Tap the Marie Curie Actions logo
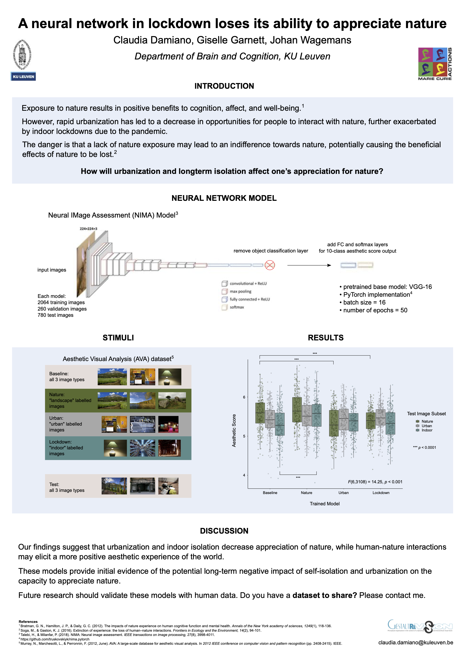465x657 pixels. pyautogui.click(x=435, y=64)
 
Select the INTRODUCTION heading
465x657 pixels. pyautogui.click(x=224, y=86)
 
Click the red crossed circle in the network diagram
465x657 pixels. pyautogui.click(x=270, y=265)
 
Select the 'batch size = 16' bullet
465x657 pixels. pyautogui.click(x=363, y=302)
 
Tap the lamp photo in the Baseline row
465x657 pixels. pyautogui.click(x=170, y=377)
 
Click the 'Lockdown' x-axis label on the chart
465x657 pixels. pyautogui.click(x=381, y=493)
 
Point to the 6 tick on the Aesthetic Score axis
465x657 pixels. pyautogui.click(x=244, y=397)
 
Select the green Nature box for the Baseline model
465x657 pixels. pyautogui.click(x=260, y=413)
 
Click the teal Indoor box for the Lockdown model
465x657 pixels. pyautogui.click(x=390, y=423)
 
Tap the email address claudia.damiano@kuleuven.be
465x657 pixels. pyautogui.click(x=415, y=642)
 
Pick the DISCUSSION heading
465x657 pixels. pyautogui.click(x=224, y=531)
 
